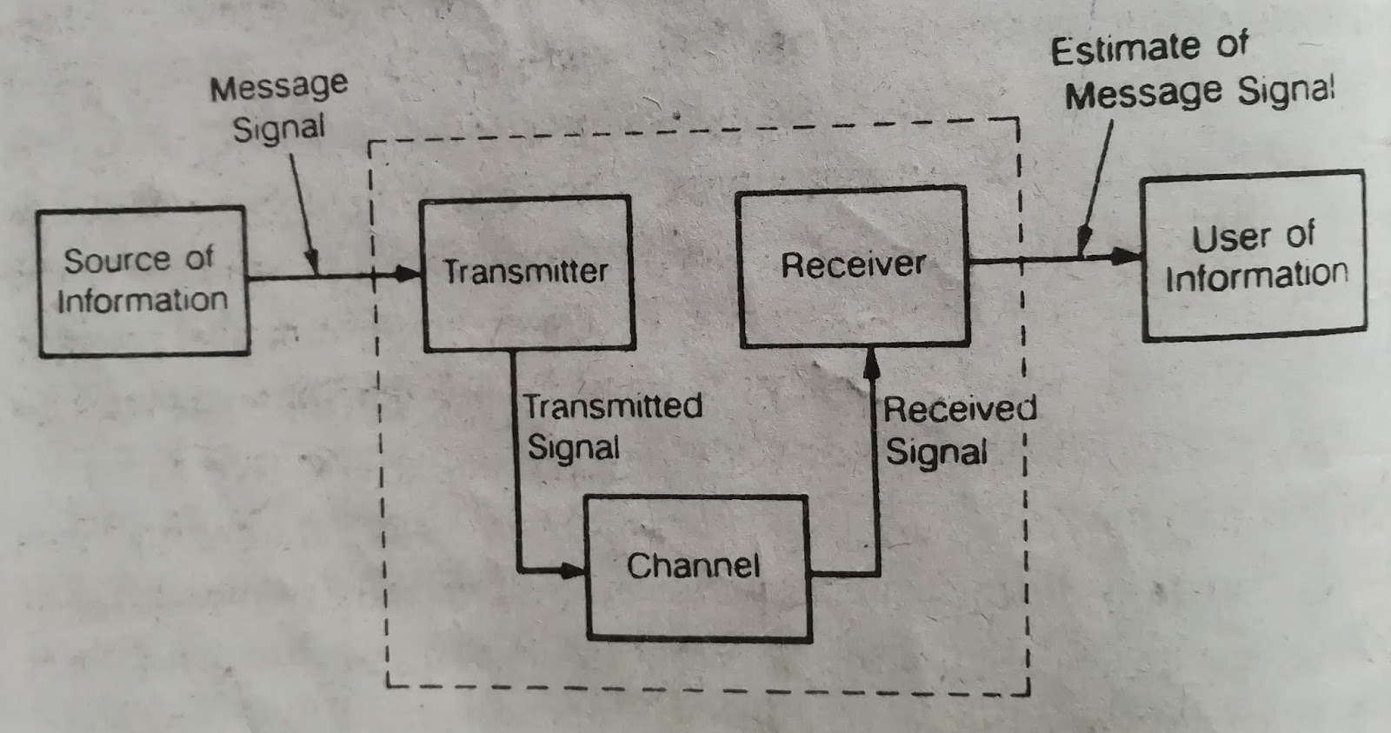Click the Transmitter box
pyautogui.click(x=527, y=273)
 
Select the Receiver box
pyautogui.click(x=853, y=265)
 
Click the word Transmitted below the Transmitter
pyautogui.click(x=613, y=406)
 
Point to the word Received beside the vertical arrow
pyautogui.click(x=960, y=409)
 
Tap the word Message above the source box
pyautogui.click(x=278, y=87)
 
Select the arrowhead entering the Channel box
pyautogui.click(x=574, y=571)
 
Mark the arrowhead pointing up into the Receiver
pyautogui.click(x=871, y=359)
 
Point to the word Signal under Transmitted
pyautogui.click(x=573, y=449)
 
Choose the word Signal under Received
pyautogui.click(x=936, y=453)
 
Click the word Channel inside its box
pyautogui.click(x=693, y=566)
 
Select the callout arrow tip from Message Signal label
pyautogui.click(x=314, y=268)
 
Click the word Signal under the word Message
pyautogui.click(x=278, y=129)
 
